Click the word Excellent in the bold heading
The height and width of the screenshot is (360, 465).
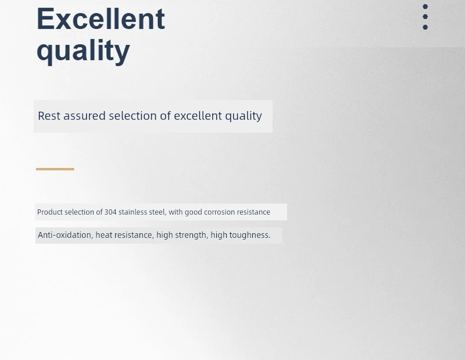101,19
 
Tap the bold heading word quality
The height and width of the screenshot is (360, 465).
83,51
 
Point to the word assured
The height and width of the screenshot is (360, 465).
84,116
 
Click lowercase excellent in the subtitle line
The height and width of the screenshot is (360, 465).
198,116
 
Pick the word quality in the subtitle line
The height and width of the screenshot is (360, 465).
244,116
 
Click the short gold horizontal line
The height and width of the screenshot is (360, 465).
55,169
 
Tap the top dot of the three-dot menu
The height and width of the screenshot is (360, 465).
425,6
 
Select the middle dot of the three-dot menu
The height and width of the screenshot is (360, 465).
425,17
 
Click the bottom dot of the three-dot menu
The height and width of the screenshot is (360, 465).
425,27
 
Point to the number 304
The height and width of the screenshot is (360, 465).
110,212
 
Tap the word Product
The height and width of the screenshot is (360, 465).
50,212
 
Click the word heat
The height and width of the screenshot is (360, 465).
104,235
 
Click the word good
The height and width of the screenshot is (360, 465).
194,212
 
